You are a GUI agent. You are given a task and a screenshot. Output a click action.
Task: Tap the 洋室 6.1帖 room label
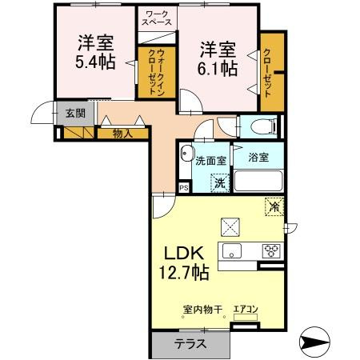[218, 57]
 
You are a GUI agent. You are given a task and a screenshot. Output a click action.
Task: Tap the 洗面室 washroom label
[210, 160]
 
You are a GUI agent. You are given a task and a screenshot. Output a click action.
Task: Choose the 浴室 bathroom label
[258, 158]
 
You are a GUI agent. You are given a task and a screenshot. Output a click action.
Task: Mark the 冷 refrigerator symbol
[274, 207]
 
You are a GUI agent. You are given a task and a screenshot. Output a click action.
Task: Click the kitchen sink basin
[234, 251]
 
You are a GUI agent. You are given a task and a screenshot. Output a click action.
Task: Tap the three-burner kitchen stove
[272, 251]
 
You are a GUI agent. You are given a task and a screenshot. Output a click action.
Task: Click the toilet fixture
[260, 126]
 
